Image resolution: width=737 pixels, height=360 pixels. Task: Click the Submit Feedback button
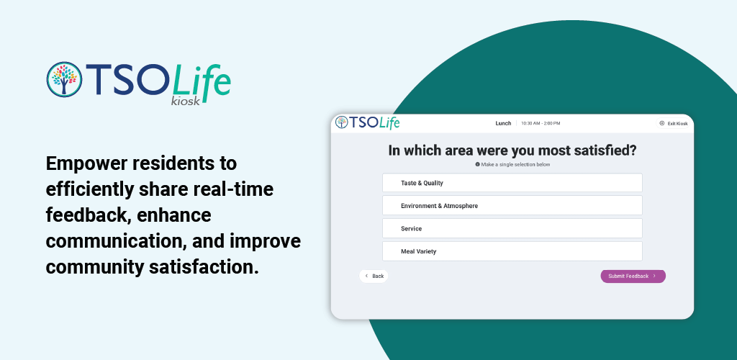pyautogui.click(x=633, y=276)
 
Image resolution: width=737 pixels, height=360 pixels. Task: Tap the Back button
pyautogui.click(x=374, y=276)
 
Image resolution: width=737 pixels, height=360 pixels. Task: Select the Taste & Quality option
pyautogui.click(x=512, y=183)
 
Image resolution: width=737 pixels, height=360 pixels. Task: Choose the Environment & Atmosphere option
pyautogui.click(x=512, y=205)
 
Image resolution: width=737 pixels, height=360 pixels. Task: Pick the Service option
pyautogui.click(x=512, y=228)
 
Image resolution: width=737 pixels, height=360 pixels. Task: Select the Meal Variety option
pyautogui.click(x=512, y=251)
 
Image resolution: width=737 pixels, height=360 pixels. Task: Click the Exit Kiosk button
pyautogui.click(x=674, y=124)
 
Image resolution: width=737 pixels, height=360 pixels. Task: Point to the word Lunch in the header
pyautogui.click(x=503, y=124)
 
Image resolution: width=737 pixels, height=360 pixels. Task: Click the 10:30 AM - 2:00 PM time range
pyautogui.click(x=541, y=124)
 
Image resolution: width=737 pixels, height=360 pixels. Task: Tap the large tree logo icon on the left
pyautogui.click(x=64, y=79)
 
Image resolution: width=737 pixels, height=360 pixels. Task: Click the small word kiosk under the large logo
pyautogui.click(x=186, y=101)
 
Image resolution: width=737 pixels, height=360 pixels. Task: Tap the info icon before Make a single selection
pyautogui.click(x=478, y=164)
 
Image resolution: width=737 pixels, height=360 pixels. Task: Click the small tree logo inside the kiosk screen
pyautogui.click(x=342, y=122)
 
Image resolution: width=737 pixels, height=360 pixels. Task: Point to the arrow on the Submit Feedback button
pyautogui.click(x=654, y=276)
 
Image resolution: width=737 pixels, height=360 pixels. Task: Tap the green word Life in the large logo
pyautogui.click(x=202, y=83)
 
